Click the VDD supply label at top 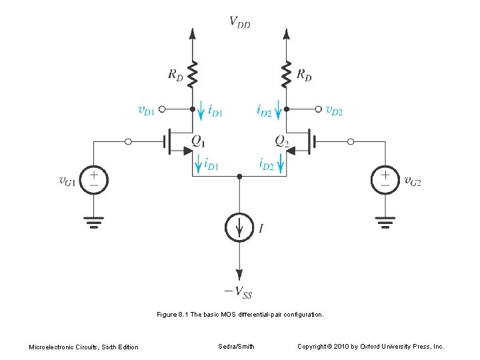[240, 23]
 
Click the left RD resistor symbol [193, 75]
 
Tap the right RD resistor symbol [287, 75]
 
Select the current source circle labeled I [240, 227]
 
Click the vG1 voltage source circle [95, 180]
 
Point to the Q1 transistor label [199, 141]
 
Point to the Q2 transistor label [282, 141]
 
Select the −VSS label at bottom [239, 292]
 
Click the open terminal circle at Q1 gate [129, 141]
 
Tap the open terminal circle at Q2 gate [351, 141]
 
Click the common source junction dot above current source [240, 177]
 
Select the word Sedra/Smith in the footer [236, 346]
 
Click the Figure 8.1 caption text [240, 313]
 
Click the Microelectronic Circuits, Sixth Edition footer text [83, 347]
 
